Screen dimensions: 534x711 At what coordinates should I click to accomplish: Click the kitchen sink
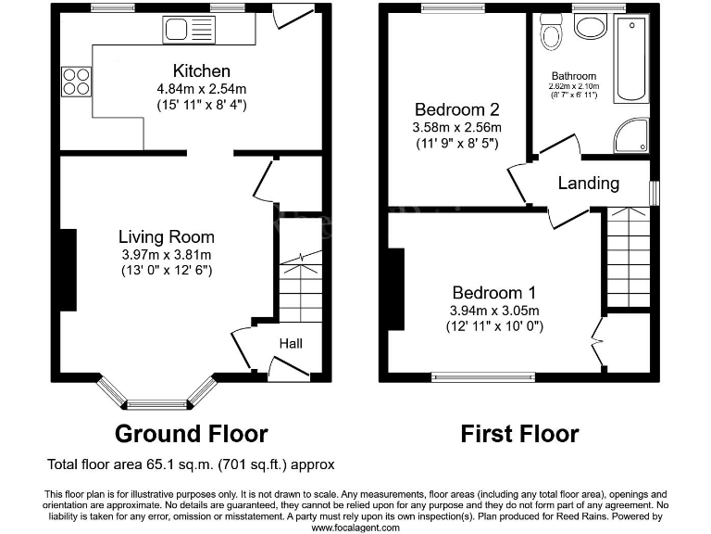(189, 30)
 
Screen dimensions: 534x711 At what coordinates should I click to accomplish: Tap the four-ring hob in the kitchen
(76, 82)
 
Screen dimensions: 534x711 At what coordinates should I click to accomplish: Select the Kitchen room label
(201, 71)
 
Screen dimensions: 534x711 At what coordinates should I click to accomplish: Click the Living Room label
(167, 236)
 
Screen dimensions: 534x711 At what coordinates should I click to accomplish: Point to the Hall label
(291, 344)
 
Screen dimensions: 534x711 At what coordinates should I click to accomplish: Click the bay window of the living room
(156, 399)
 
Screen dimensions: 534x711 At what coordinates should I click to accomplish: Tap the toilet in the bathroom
(552, 35)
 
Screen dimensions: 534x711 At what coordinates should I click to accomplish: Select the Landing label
(588, 183)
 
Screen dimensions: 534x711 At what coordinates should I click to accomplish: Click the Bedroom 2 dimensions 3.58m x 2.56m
(457, 127)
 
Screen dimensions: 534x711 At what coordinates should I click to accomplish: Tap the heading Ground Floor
(191, 433)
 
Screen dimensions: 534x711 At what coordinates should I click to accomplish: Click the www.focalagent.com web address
(355, 528)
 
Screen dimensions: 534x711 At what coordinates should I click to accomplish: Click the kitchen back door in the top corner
(294, 16)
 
